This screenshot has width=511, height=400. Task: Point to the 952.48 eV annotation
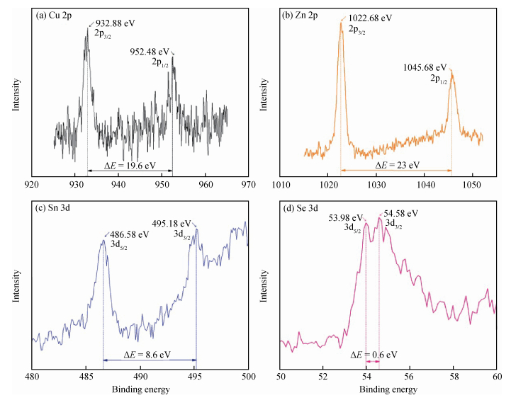coord(150,52)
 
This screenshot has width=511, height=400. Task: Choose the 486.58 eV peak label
coord(130,233)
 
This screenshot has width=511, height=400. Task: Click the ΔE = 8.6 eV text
coord(147,353)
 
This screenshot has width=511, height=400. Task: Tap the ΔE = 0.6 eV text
coord(373,353)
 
